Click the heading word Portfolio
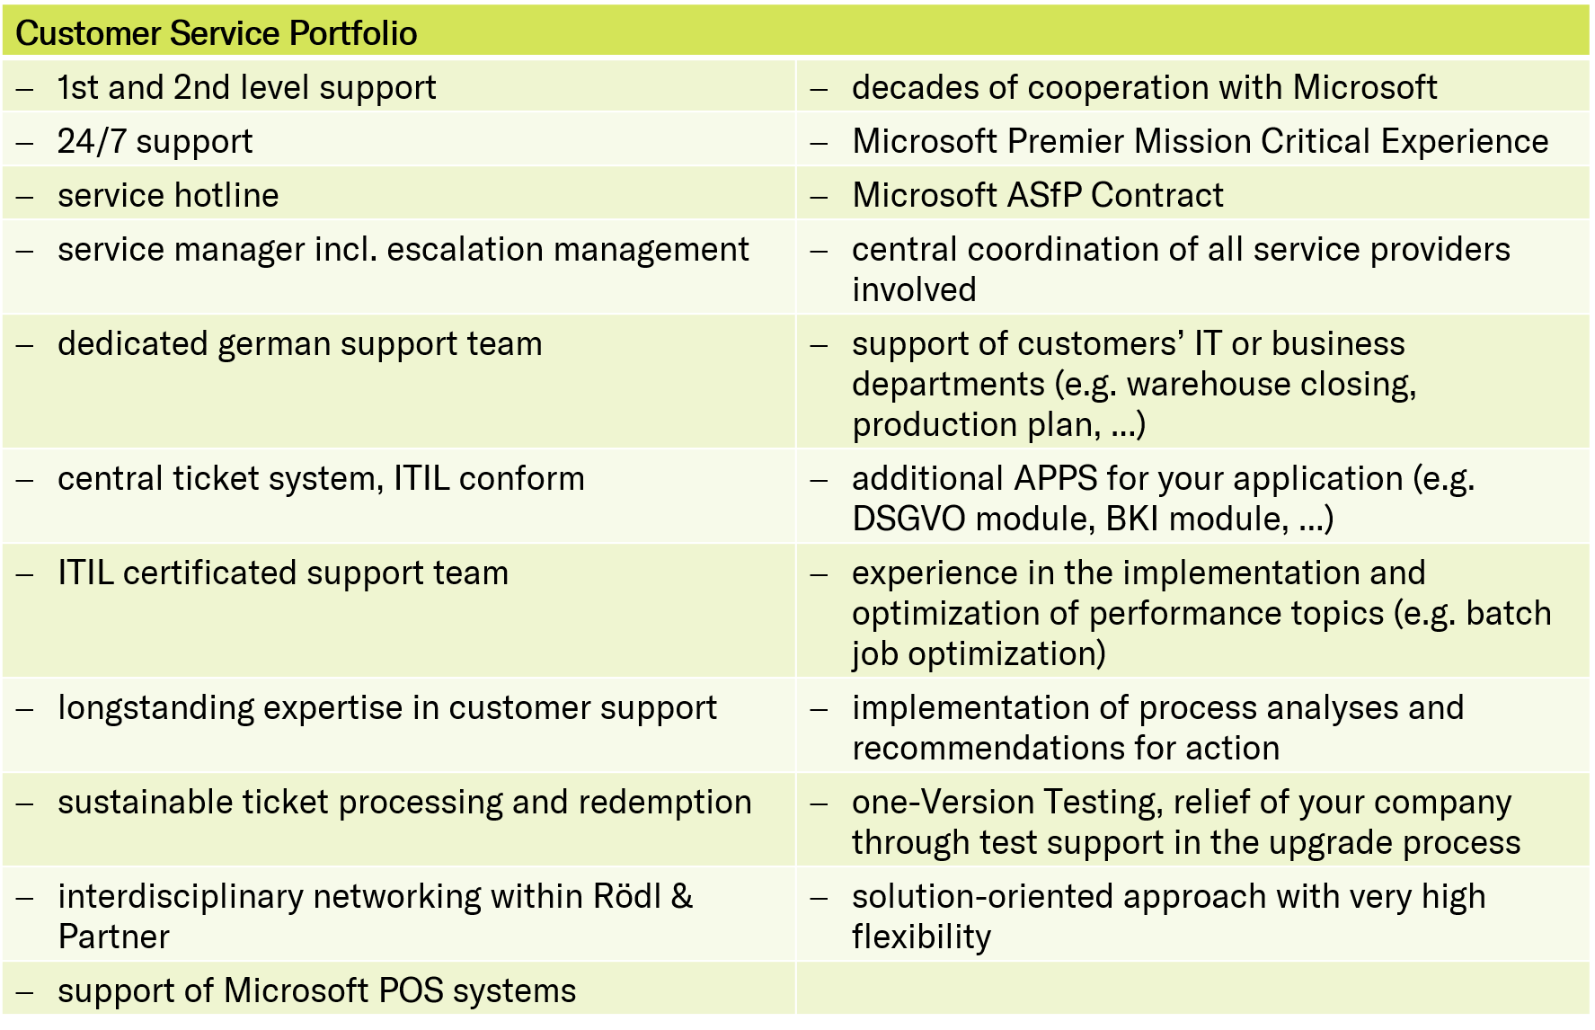353,33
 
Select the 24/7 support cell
399,141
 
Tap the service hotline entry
168,195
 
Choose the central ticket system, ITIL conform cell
399,496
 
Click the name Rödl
626,896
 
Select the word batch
1509,613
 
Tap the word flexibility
921,938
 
